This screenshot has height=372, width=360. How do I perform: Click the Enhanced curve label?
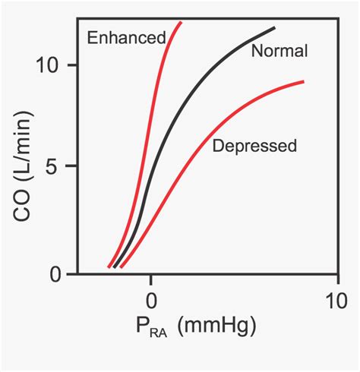coord(126,37)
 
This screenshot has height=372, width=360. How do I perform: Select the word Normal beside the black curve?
coord(279,52)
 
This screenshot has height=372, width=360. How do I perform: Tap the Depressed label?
coord(254,146)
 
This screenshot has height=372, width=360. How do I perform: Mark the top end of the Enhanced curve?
coord(181,23)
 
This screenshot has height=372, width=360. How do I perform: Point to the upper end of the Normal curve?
coord(274,28)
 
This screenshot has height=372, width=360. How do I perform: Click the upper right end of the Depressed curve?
coord(304,82)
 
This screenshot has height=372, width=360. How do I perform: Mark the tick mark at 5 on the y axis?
coord(74,168)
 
